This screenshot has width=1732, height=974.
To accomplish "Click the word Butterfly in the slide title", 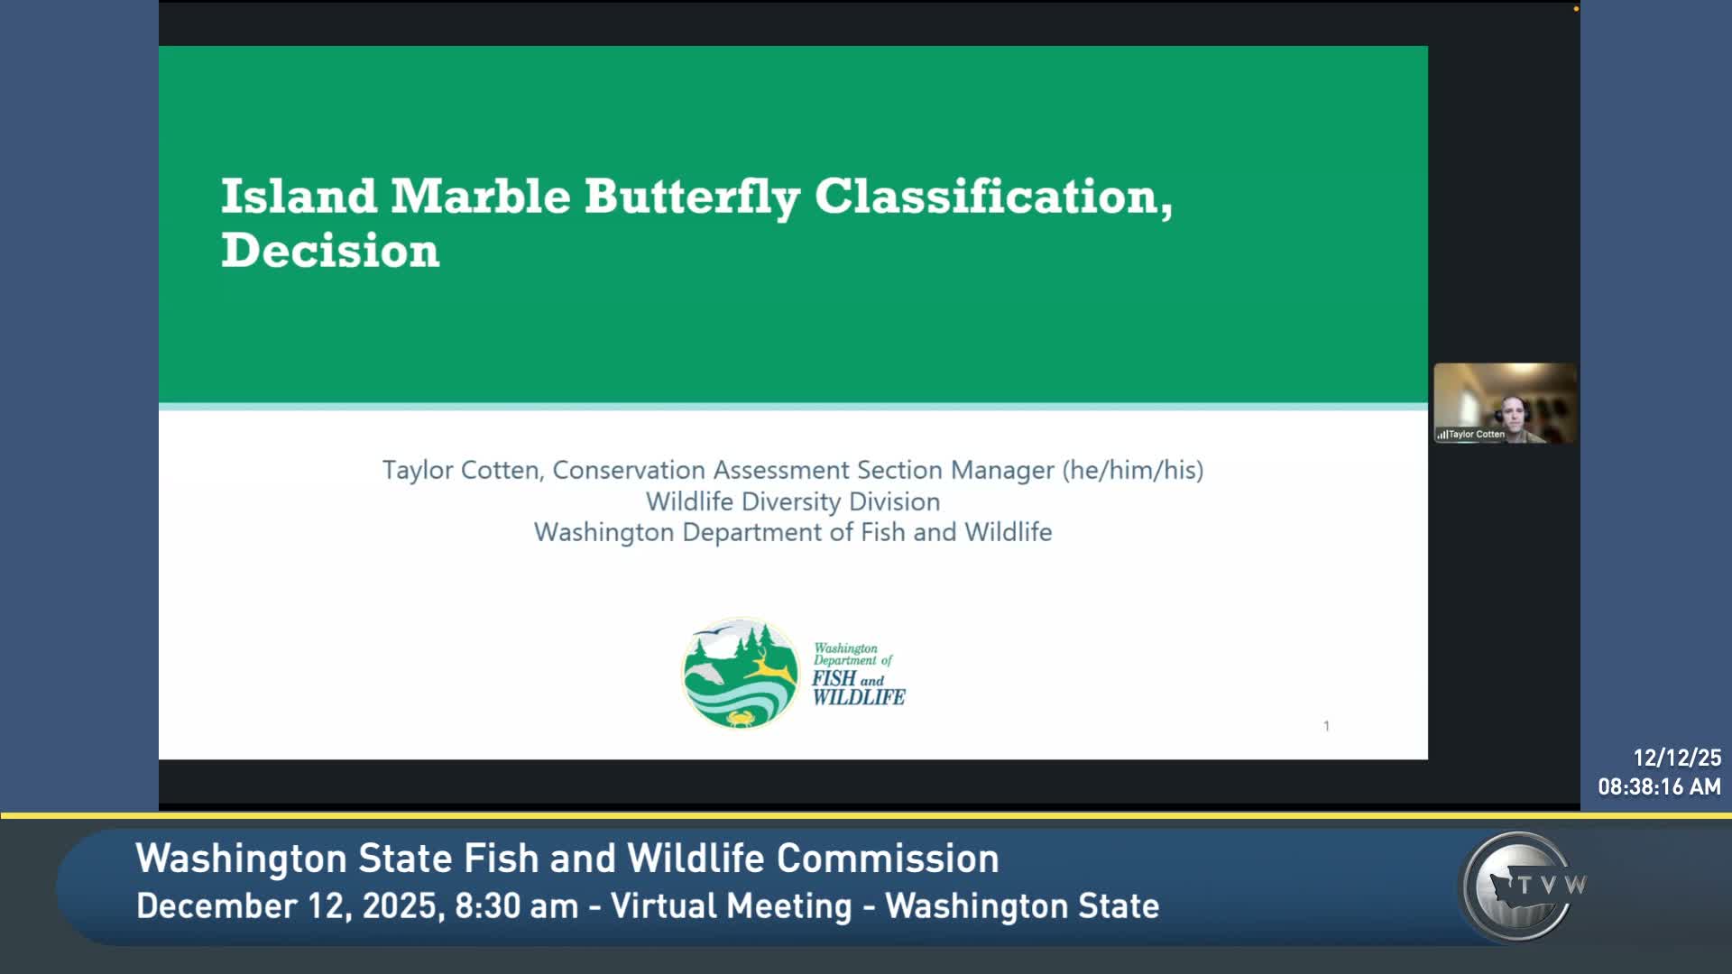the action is click(x=692, y=198).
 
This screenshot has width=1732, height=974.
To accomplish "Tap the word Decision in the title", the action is click(x=330, y=250).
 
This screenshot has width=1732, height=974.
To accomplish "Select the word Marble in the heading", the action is click(x=480, y=196).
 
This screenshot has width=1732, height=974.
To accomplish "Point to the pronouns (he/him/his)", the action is click(x=1133, y=470).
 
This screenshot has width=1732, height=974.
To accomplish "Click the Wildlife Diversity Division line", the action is click(x=793, y=501).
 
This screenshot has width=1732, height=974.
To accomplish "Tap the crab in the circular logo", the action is click(x=742, y=718).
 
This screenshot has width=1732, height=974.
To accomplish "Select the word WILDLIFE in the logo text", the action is click(x=859, y=697).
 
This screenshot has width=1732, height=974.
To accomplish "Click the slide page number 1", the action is click(x=1326, y=726).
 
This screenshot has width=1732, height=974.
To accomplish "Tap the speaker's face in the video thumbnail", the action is click(x=1516, y=414).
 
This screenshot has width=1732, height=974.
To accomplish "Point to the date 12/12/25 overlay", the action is click(x=1677, y=758).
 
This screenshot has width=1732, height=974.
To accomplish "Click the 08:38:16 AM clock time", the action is click(x=1659, y=787).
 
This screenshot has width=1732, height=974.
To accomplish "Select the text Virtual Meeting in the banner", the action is click(x=731, y=906).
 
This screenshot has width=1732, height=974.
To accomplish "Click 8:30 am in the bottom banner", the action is click(x=516, y=906).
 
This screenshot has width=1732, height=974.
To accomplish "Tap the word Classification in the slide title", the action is click(x=993, y=196).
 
